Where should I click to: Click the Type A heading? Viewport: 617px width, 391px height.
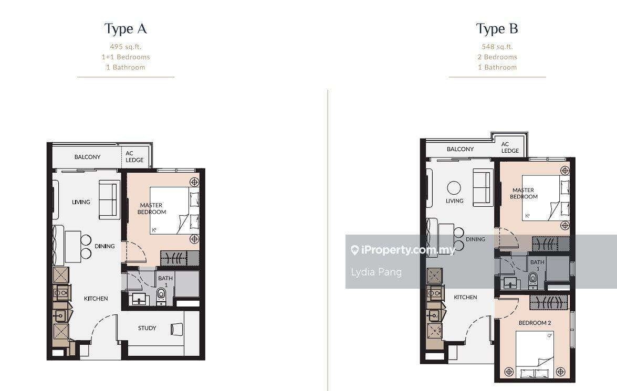(x=126, y=29)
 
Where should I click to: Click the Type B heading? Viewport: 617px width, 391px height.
(x=497, y=29)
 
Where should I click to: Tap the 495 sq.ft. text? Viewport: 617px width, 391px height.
(x=126, y=46)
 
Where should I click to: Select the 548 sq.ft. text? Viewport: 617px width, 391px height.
(x=497, y=46)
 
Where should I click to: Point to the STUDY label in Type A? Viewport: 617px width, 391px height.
(x=147, y=327)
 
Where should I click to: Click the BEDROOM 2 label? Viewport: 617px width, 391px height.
(x=535, y=323)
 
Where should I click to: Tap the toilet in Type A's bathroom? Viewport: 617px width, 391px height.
(x=161, y=296)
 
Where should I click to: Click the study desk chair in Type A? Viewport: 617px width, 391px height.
(x=177, y=329)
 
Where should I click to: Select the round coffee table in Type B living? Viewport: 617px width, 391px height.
(x=454, y=188)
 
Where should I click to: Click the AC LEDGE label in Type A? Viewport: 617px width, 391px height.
(x=134, y=156)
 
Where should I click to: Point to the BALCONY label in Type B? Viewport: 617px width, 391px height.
(x=460, y=149)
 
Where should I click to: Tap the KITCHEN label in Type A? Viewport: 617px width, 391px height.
(x=96, y=299)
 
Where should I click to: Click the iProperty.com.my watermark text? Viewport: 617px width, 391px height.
(x=408, y=250)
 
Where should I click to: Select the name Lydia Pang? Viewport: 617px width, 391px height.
(x=376, y=272)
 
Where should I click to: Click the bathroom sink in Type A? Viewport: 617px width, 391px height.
(x=139, y=299)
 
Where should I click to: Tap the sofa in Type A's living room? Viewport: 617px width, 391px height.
(x=109, y=199)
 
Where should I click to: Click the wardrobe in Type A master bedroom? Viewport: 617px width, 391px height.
(x=180, y=258)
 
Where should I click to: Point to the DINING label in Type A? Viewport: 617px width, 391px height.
(x=104, y=246)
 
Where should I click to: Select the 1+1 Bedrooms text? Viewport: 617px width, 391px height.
(x=126, y=57)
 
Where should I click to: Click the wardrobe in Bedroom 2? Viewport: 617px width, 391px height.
(x=549, y=302)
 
